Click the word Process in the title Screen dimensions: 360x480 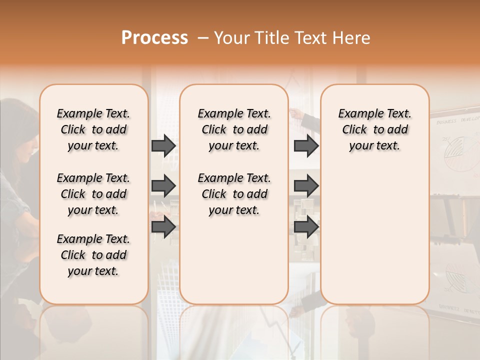[154, 38]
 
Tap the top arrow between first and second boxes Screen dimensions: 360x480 [163, 146]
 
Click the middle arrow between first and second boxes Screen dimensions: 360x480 [163, 186]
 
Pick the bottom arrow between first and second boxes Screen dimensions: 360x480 [163, 227]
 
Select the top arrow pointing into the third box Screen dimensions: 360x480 [306, 146]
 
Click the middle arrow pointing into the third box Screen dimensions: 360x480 [306, 186]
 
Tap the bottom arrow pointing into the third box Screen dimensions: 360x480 [306, 227]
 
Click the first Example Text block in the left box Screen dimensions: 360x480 [93, 129]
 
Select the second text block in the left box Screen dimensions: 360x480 [93, 194]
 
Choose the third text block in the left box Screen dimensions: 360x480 [93, 255]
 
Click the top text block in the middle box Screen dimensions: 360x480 [234, 129]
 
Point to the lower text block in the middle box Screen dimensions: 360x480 [234, 194]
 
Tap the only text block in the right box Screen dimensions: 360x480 [375, 129]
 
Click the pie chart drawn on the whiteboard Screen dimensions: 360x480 [455, 150]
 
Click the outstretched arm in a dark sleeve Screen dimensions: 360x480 [307, 118]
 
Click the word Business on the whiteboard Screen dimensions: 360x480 [445, 121]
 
